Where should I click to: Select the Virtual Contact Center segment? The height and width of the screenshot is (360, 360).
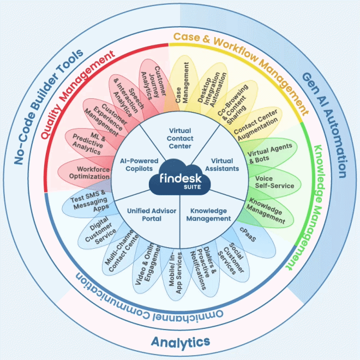coord(180,139)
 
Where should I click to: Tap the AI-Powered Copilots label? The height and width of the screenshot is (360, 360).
coord(139,165)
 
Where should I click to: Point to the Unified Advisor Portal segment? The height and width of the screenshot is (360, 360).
coord(145,214)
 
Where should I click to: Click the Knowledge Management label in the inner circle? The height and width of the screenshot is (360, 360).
coord(208,214)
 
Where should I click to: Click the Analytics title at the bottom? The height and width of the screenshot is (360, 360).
coord(180,342)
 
